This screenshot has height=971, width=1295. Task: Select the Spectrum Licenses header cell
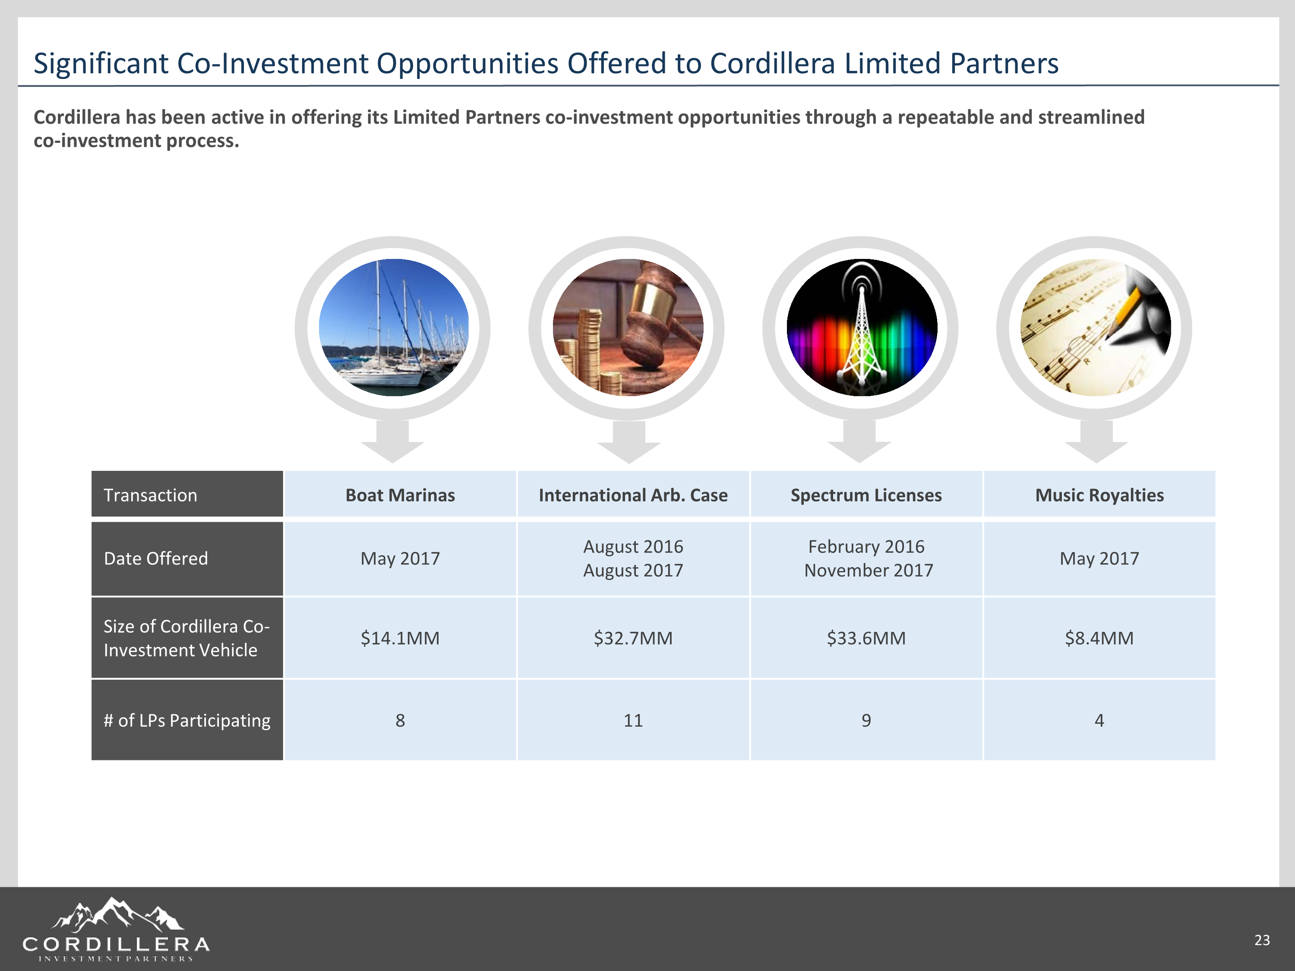(866, 495)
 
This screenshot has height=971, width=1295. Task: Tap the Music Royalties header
(1099, 495)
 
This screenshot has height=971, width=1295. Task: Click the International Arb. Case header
(633, 495)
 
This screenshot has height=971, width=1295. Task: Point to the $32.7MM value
(633, 637)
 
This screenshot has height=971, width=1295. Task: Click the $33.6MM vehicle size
(866, 637)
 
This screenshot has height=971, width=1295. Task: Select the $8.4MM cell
(1099, 637)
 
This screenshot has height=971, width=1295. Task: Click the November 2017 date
(868, 570)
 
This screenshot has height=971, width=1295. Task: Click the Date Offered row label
(156, 558)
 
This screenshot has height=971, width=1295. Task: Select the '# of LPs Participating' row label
(187, 721)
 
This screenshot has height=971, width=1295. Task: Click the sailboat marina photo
(393, 328)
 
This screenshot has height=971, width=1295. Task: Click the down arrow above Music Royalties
(1096, 441)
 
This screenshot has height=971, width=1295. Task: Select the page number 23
(1262, 940)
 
